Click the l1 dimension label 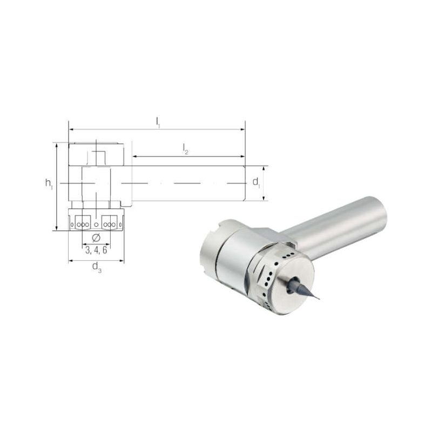(x=158, y=123)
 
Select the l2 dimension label (x=185, y=149)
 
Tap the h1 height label (x=49, y=184)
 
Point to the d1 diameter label (x=256, y=183)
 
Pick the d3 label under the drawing (x=97, y=267)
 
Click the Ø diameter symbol (x=96, y=238)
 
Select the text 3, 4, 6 (x=96, y=250)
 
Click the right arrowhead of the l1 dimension (x=242, y=129)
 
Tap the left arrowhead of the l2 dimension (x=134, y=157)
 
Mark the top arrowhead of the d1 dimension (x=264, y=168)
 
